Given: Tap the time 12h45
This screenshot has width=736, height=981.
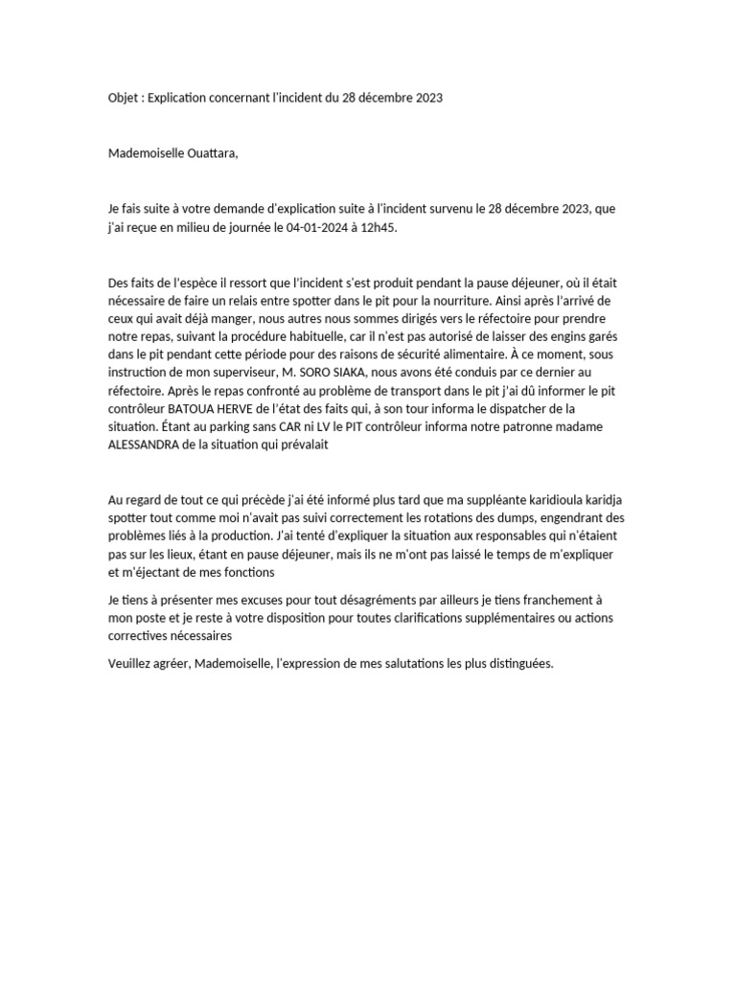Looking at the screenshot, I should point(379,227).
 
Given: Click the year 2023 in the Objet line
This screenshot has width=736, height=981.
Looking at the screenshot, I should point(425,99).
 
